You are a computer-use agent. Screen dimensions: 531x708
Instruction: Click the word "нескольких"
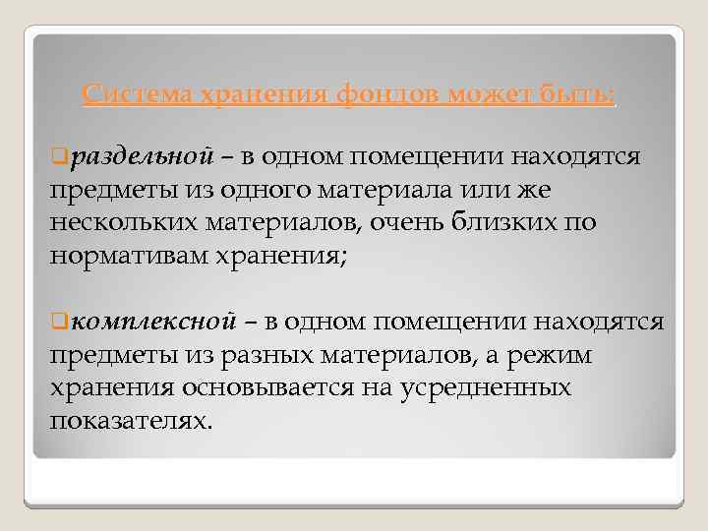point(124,222)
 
